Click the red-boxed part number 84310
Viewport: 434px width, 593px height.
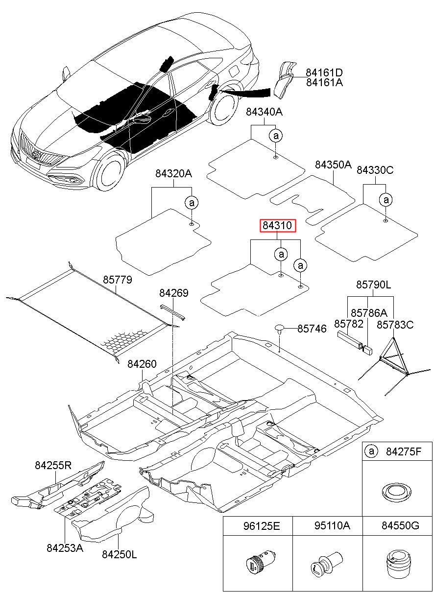[277, 226]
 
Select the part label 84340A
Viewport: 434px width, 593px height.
[264, 112]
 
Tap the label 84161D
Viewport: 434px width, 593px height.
[324, 72]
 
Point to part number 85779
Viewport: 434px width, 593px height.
[117, 280]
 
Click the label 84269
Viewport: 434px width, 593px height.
[174, 293]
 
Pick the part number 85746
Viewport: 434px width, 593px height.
[312, 329]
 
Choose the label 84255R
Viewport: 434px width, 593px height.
[53, 465]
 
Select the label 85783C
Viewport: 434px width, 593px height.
[395, 325]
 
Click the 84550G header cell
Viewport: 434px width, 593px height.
[397, 525]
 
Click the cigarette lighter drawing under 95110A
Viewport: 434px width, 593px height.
[327, 562]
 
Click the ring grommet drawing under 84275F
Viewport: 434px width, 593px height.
[396, 491]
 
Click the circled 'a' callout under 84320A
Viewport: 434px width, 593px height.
[192, 203]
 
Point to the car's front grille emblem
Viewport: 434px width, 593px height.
[38, 155]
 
